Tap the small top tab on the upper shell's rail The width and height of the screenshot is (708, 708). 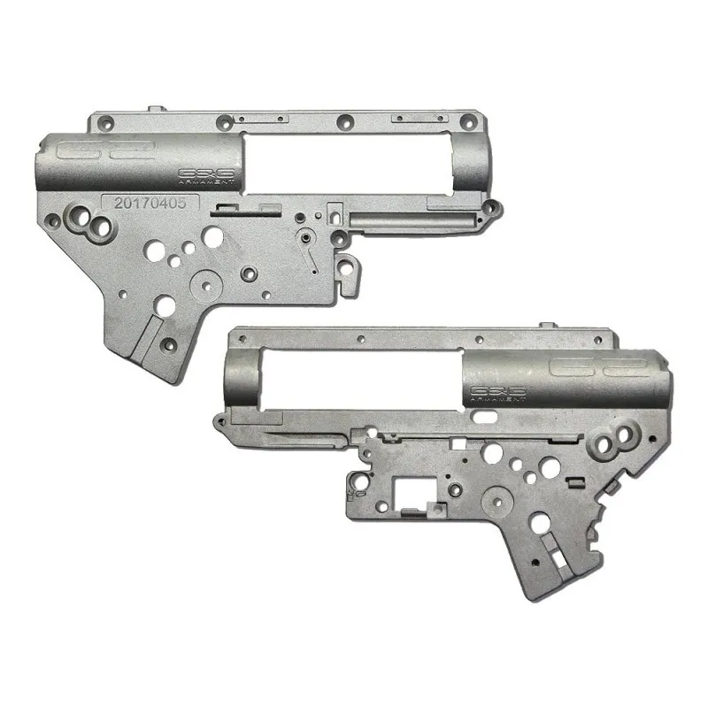point(158,109)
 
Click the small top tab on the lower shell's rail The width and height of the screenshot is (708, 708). point(549,328)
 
